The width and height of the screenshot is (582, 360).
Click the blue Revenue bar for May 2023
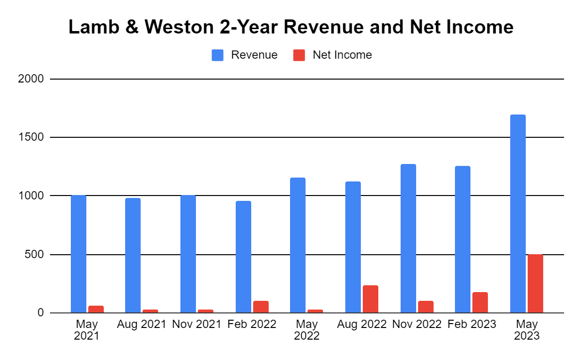pyautogui.click(x=518, y=213)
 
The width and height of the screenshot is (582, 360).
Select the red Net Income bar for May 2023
pyautogui.click(x=535, y=283)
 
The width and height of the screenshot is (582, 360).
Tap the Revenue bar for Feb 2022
pyautogui.click(x=243, y=257)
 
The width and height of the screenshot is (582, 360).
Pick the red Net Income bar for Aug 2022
pyautogui.click(x=371, y=299)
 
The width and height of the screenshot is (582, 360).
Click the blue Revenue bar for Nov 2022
pyautogui.click(x=408, y=238)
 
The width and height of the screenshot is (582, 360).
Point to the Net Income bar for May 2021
pyautogui.click(x=96, y=309)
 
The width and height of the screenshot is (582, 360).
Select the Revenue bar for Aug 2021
pyautogui.click(x=133, y=255)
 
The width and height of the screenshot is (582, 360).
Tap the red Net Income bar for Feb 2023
pyautogui.click(x=480, y=302)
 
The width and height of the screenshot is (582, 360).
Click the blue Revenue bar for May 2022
pyautogui.click(x=298, y=245)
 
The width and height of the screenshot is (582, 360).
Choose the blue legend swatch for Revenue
pyautogui.click(x=217, y=55)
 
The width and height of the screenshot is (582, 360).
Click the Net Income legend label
pyautogui.click(x=342, y=55)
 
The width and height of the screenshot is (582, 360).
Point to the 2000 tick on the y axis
pyautogui.click(x=31, y=79)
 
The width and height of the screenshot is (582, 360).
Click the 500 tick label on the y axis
pyautogui.click(x=34, y=255)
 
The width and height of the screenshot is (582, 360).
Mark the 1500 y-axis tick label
pyautogui.click(x=31, y=137)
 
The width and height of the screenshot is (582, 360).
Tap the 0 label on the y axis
pyautogui.click(x=41, y=313)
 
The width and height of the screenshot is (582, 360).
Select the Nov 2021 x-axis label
pyautogui.click(x=197, y=324)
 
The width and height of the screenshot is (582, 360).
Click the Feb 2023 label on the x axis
pyautogui.click(x=472, y=324)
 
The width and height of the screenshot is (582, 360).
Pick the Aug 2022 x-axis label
pyautogui.click(x=362, y=324)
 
